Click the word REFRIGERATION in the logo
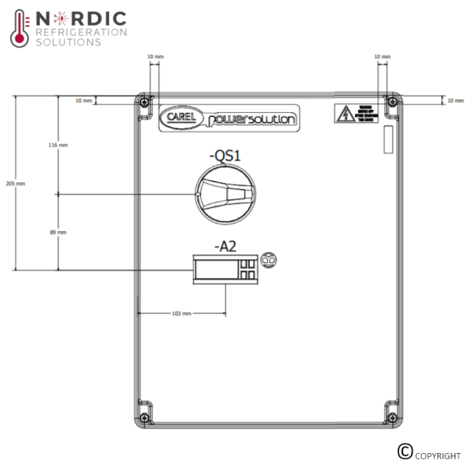(x=81, y=32)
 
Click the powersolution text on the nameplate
(x=251, y=119)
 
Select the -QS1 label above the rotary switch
(x=225, y=156)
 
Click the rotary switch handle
(x=225, y=194)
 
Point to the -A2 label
(x=225, y=247)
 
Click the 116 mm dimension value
(x=58, y=146)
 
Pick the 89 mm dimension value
(x=58, y=232)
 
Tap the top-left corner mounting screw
(x=142, y=100)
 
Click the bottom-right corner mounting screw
(x=392, y=413)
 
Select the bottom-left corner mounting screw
(x=142, y=413)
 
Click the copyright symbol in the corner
(x=404, y=451)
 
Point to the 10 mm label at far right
(x=455, y=100)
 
